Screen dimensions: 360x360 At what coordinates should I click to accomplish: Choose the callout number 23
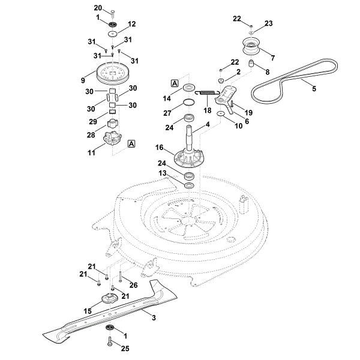click(268, 23)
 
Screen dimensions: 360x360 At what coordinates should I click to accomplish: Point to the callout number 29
click(92, 121)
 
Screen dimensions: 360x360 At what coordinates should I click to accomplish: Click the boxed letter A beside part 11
click(131, 144)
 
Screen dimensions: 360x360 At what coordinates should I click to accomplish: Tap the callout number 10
click(239, 127)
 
